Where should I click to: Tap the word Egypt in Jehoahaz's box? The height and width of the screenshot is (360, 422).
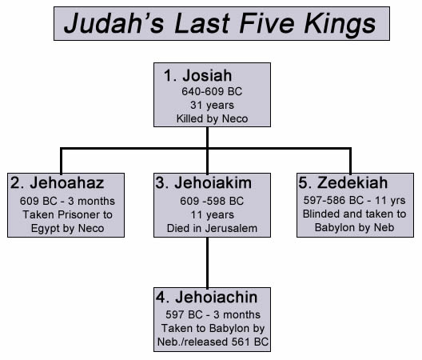click(50, 228)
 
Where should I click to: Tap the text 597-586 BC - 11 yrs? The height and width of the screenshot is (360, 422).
click(351, 200)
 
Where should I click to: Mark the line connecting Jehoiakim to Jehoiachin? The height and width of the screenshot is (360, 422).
click(207, 262)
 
